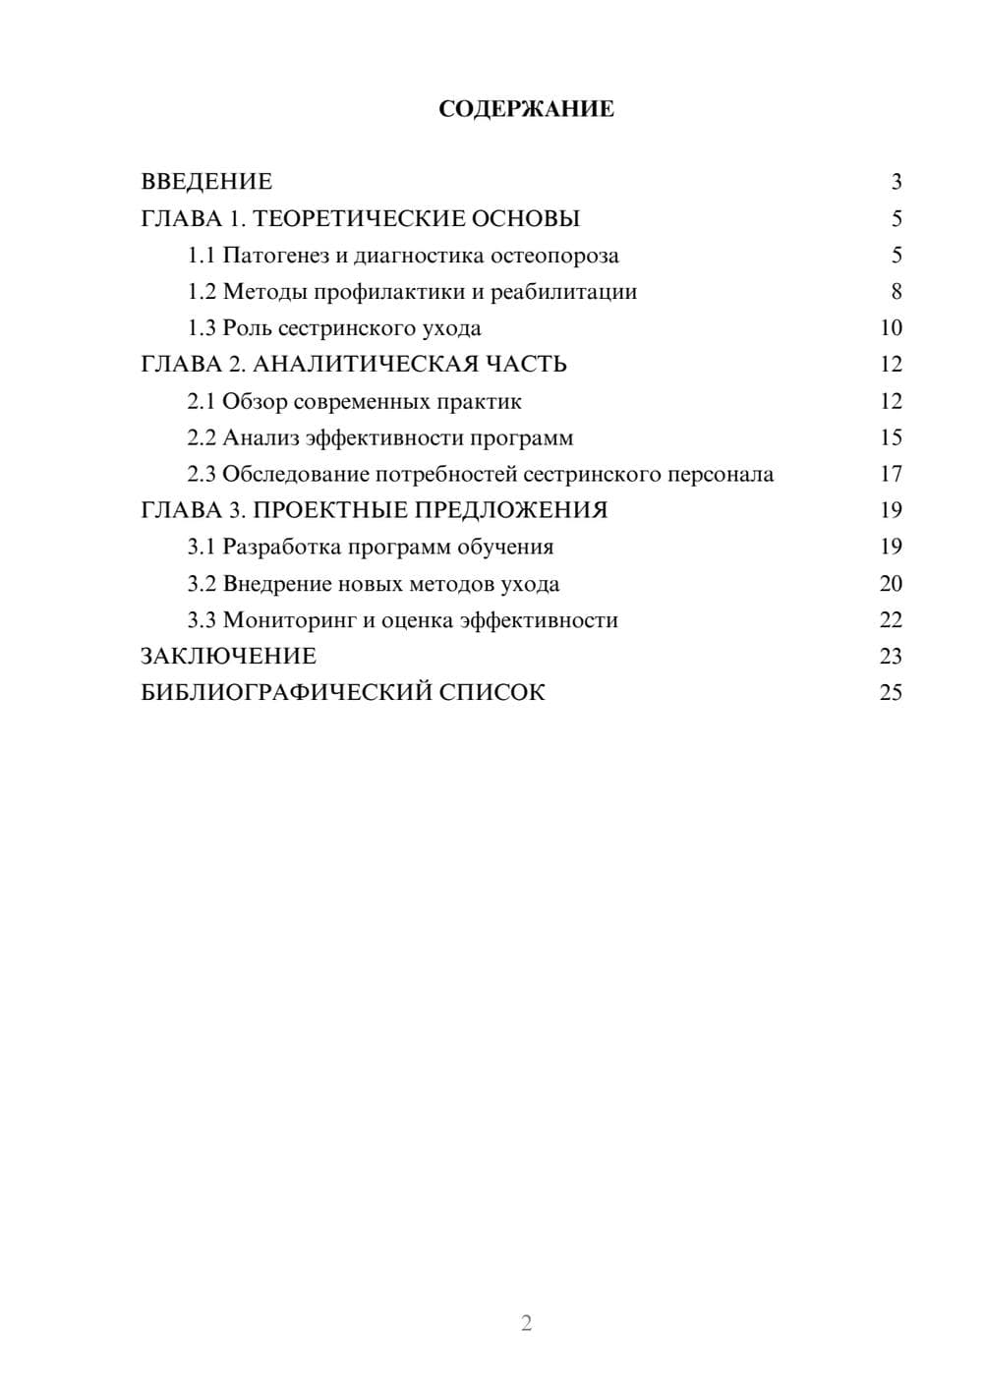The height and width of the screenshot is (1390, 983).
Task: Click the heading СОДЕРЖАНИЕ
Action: (526, 109)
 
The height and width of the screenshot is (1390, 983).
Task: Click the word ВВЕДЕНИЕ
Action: (206, 182)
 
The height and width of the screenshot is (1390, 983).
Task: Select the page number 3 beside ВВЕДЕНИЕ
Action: (896, 182)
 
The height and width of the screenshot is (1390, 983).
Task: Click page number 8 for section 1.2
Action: (896, 292)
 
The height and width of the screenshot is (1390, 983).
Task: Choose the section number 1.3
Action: (202, 328)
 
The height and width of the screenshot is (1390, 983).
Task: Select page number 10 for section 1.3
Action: (891, 328)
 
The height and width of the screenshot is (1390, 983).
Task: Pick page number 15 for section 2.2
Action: (891, 437)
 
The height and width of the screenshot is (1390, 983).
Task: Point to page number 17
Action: (891, 474)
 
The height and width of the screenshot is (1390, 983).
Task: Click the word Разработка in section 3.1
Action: (282, 548)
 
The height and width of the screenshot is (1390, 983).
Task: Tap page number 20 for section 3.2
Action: (891, 584)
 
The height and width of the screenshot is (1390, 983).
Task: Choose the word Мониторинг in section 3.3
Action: (287, 620)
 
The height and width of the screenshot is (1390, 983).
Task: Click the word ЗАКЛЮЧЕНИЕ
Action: (229, 657)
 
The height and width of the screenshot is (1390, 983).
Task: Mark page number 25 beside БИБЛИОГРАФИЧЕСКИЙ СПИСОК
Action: (891, 693)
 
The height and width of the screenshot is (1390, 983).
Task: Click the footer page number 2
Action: (526, 1323)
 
